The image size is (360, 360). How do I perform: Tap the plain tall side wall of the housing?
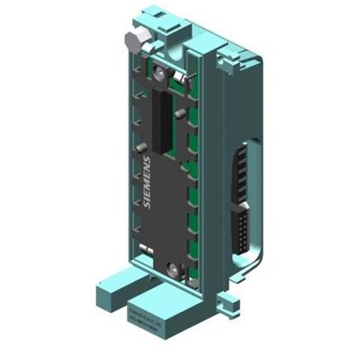[x=211, y=162]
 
